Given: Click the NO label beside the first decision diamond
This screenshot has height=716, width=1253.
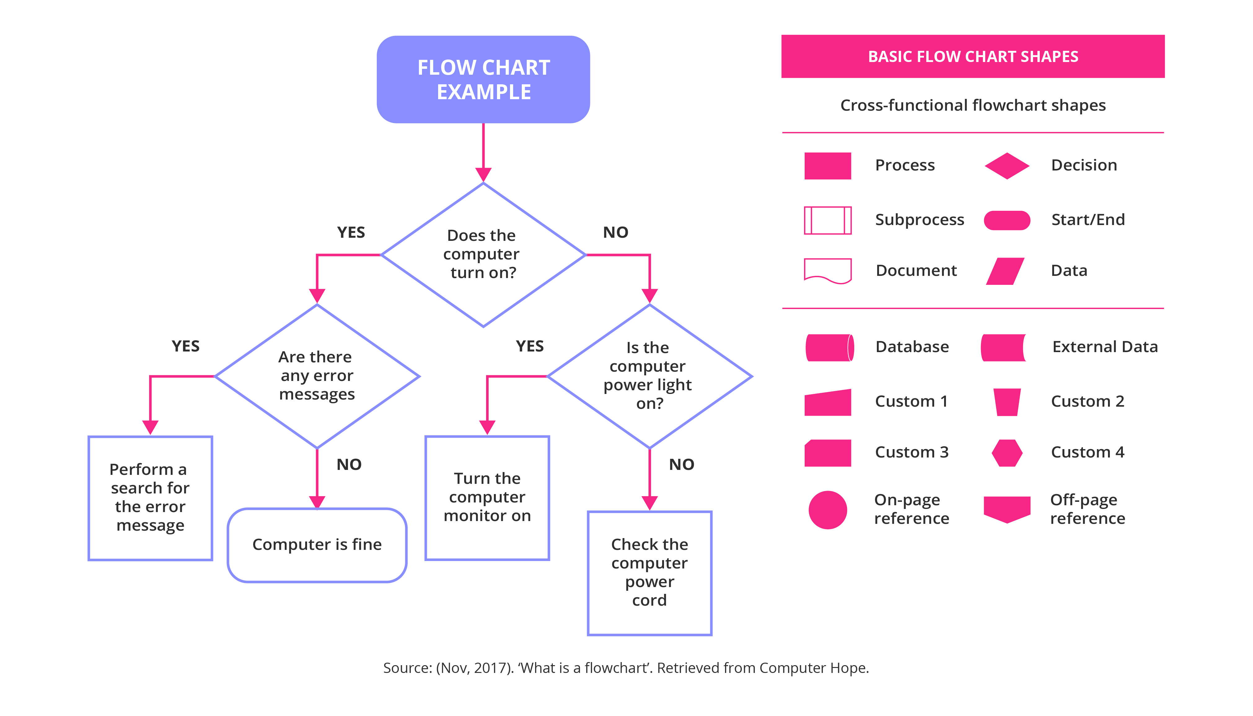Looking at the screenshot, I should coord(615,232).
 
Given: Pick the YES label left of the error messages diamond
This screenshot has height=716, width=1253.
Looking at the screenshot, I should coord(185,346).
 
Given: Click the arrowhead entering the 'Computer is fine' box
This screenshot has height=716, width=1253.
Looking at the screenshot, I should coord(317,502).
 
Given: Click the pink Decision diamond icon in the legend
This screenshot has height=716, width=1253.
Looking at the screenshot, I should coord(1006,166).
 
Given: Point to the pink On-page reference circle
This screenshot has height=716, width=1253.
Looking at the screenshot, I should coord(827,510).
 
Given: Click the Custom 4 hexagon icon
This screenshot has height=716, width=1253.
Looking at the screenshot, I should coord(1006,453).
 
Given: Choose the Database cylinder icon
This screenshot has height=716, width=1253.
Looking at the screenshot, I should coord(829,347).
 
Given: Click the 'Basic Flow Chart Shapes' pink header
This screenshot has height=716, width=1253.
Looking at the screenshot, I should coord(972,56).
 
